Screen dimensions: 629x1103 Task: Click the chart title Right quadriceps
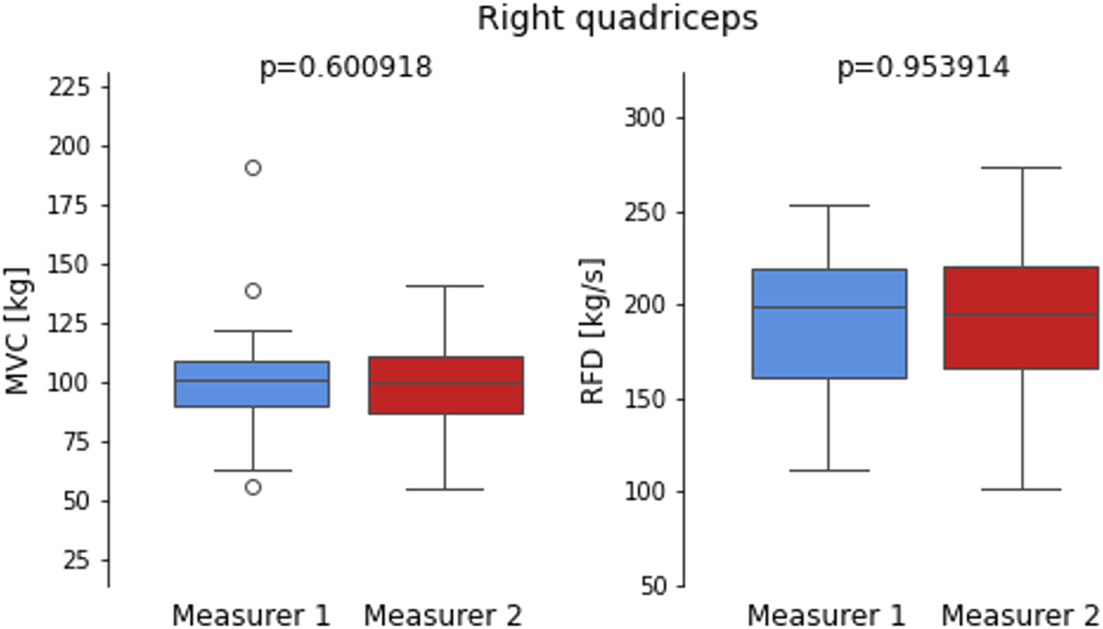pos(617,19)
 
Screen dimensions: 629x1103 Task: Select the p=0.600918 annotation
pos(346,68)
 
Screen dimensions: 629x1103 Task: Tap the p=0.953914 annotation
pos(923,68)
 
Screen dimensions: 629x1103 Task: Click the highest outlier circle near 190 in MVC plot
pos(253,168)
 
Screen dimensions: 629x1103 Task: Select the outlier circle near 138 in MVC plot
pos(253,291)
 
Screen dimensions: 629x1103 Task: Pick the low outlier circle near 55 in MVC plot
pos(253,487)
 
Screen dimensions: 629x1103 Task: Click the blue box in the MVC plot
pos(253,384)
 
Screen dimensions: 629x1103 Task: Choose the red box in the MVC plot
pos(445,385)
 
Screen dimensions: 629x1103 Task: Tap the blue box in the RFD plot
pos(829,324)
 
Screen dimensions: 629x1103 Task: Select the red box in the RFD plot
pos(1022,318)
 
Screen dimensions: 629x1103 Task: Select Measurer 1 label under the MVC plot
pos(251,615)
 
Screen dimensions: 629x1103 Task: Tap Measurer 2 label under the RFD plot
pos(1021,615)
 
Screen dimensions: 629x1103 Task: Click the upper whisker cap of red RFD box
pos(1022,168)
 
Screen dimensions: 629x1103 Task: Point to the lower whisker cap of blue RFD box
pos(829,470)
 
